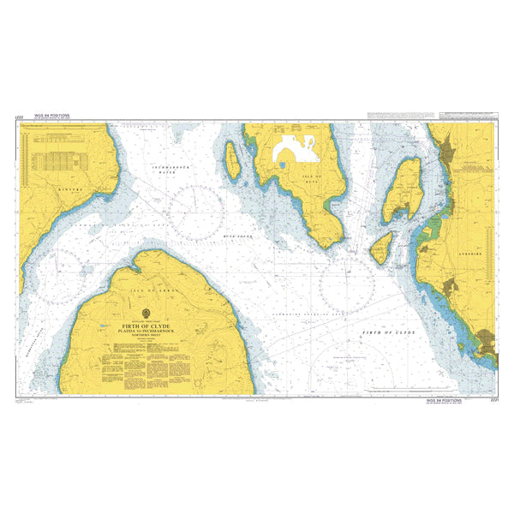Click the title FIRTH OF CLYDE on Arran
coord(145,326)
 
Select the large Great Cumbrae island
coord(403,188)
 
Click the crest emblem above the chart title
coord(145,313)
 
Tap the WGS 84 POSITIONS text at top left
coord(52,114)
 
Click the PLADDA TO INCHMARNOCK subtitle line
coord(145,333)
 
